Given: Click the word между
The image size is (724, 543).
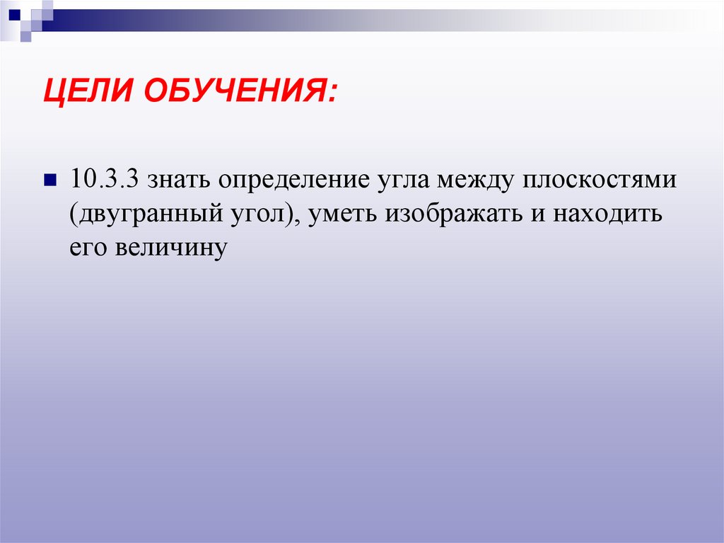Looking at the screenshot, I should coord(475,180).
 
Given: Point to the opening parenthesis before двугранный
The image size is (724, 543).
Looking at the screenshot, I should coord(72,214).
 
